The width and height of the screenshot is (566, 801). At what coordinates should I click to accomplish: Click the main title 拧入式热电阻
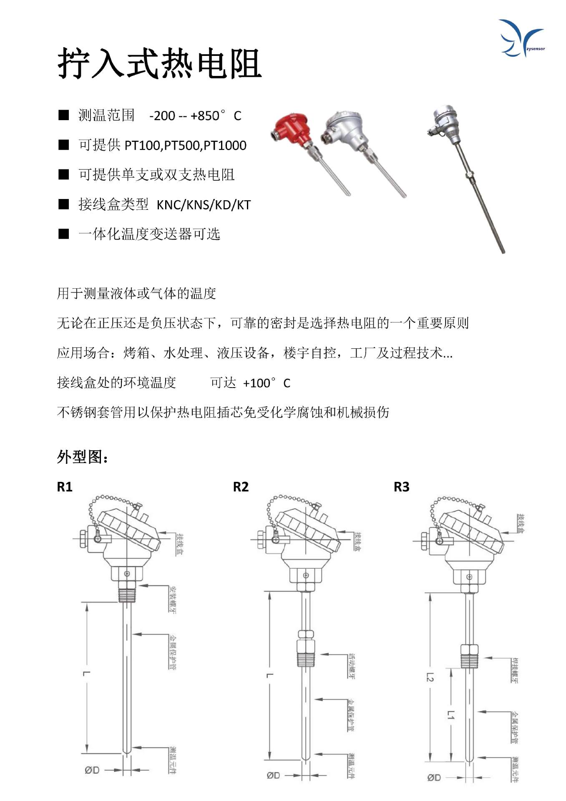(x=159, y=63)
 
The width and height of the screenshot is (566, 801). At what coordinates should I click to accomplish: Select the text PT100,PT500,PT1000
(x=185, y=146)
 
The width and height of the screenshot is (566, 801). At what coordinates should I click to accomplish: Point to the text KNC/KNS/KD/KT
(x=204, y=205)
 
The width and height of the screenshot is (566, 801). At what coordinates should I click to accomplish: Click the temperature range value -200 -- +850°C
(x=195, y=116)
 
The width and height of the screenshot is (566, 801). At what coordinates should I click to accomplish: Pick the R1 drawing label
(x=65, y=487)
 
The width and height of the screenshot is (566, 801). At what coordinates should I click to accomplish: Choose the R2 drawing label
(x=241, y=487)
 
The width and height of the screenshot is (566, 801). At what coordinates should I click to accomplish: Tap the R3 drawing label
(x=401, y=487)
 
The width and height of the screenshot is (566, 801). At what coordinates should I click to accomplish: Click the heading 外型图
(x=83, y=457)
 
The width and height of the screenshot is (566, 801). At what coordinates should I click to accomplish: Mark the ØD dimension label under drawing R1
(x=92, y=770)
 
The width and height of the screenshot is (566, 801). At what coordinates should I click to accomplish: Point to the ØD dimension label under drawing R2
(x=273, y=776)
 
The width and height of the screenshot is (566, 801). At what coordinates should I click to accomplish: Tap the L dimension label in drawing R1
(x=87, y=673)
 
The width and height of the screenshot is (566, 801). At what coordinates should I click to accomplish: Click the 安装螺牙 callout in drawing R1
(x=173, y=599)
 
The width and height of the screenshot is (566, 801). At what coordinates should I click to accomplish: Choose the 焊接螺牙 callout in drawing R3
(x=515, y=670)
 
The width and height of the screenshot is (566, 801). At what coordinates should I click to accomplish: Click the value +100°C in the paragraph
(x=267, y=383)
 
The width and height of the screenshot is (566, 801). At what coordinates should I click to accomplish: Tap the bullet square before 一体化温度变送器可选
(x=63, y=234)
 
